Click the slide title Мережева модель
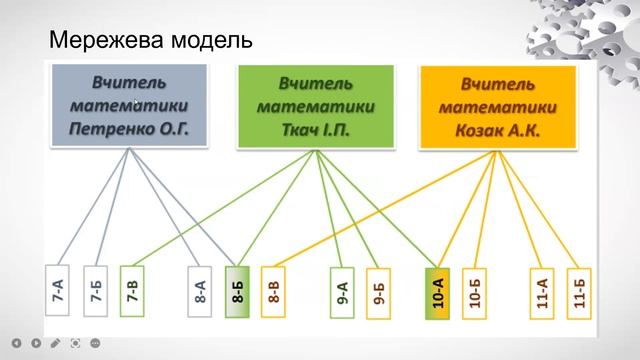pos(150,43)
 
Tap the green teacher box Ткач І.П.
pos(316,105)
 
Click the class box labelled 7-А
pos(57,291)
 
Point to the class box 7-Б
pos(96,291)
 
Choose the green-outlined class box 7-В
pos(132,291)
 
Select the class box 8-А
pos(201,291)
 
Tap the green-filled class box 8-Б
pos(238,291)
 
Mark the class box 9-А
pos(342,291)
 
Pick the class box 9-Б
pos(378,291)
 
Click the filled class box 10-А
pos(437,291)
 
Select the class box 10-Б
pos(476,291)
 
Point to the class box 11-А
pos(541,291)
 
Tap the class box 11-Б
pos(577,291)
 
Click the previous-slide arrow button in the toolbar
pos(16,343)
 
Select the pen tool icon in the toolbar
pos(54,343)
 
